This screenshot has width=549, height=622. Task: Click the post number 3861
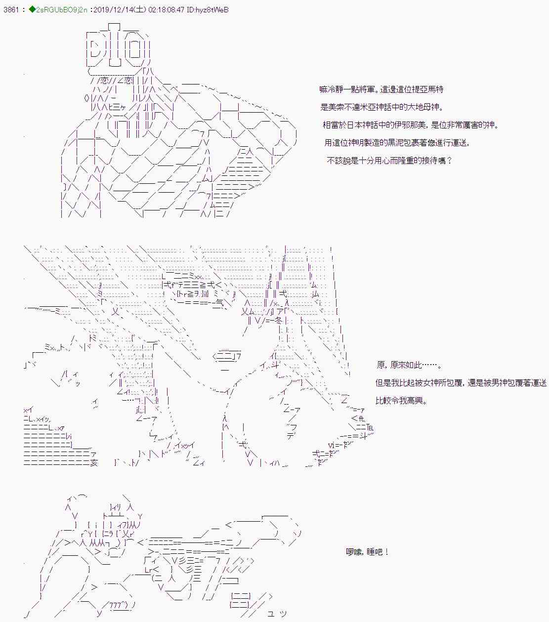(x=11, y=10)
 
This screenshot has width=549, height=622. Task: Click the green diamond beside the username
(x=32, y=9)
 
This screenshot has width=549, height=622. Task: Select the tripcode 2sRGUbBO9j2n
(x=62, y=10)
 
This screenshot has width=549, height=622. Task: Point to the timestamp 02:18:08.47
(x=166, y=10)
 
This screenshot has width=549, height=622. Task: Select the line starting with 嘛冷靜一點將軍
(x=381, y=89)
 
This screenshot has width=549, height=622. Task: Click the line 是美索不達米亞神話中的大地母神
(x=381, y=107)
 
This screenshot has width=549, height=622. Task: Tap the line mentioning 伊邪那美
(x=410, y=125)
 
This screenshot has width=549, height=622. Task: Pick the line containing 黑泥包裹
(x=397, y=143)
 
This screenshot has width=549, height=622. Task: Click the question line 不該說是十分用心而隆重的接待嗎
(x=389, y=161)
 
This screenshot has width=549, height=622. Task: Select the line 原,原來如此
(x=409, y=365)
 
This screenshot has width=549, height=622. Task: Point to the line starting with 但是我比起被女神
(x=461, y=383)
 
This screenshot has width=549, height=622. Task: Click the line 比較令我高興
(x=401, y=401)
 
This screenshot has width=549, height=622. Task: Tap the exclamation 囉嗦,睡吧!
(x=367, y=552)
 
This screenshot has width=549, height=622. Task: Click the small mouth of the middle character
(x=225, y=370)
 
